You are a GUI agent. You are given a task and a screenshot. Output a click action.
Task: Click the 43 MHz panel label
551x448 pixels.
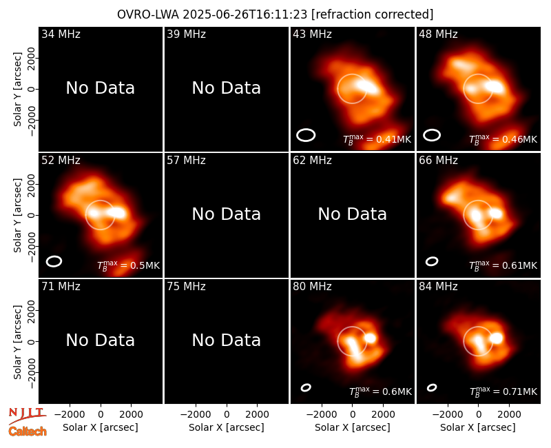pos(312,34)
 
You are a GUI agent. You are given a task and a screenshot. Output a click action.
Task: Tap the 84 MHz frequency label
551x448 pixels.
pos(438,287)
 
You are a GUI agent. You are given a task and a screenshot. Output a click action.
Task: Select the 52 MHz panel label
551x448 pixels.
pos(61,161)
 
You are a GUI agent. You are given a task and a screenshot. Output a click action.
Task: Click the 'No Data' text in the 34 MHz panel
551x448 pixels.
pos(101,88)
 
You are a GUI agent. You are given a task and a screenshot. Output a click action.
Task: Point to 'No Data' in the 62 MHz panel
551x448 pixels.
pos(353,214)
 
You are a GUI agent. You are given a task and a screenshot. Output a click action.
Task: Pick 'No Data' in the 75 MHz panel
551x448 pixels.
pos(227,340)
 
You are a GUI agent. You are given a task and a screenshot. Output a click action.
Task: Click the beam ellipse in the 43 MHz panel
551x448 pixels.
pos(306,135)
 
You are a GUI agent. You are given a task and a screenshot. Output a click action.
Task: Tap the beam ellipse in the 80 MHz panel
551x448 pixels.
pos(306,387)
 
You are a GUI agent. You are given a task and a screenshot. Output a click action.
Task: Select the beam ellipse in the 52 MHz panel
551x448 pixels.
pos(54,261)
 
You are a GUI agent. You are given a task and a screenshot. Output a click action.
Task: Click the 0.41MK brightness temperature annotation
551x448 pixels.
pos(377,139)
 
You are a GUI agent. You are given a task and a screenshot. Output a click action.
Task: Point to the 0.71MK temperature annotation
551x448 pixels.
pos(503,391)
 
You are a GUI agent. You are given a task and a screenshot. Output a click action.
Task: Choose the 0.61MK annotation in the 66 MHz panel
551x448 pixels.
pos(503,265)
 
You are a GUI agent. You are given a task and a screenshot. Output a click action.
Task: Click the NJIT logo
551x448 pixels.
pos(26,415)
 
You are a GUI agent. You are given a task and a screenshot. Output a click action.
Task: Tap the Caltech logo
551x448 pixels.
pos(28,431)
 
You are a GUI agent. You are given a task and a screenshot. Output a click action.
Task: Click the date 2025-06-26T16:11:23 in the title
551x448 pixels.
pos(245,14)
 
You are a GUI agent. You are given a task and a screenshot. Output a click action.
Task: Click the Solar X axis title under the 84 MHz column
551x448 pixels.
pos(478,427)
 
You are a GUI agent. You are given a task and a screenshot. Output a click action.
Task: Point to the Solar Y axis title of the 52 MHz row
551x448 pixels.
pos(17,215)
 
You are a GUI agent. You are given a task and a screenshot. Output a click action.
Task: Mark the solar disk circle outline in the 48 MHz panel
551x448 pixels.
pos(478,74)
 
